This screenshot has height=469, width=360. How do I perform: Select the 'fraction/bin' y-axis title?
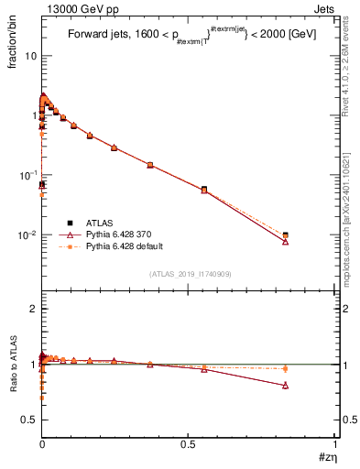coord(16,44)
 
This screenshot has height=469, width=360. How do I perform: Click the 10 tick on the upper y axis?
coord(30,56)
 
